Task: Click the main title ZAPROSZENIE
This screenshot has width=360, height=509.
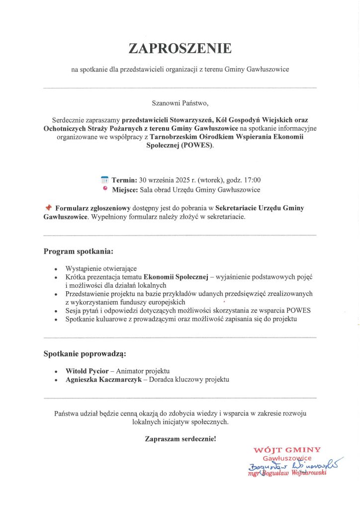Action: click(180, 48)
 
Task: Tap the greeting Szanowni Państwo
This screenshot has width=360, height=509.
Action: click(180, 104)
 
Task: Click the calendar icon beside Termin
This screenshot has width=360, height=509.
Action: click(104, 180)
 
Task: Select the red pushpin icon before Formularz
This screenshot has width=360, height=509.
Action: click(48, 207)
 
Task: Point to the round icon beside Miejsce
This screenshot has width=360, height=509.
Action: click(104, 189)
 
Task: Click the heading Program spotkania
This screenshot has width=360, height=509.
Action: click(79, 251)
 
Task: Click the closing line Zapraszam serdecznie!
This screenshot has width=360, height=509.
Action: click(180, 439)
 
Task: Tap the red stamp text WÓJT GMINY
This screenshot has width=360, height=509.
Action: click(287, 450)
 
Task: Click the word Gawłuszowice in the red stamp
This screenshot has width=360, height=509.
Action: click(287, 458)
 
